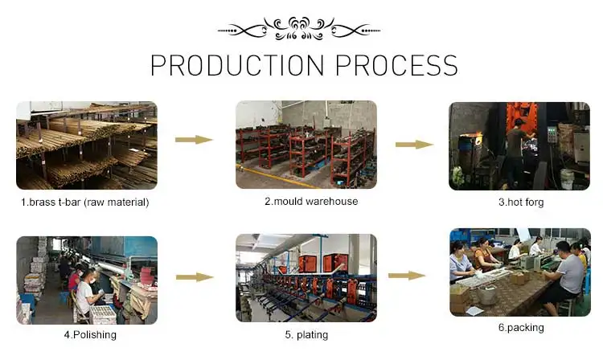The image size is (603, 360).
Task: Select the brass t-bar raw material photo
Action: (86, 145)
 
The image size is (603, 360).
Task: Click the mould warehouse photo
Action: (306, 145)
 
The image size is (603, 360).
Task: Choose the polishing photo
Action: (86, 280)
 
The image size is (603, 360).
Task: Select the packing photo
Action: (519, 272)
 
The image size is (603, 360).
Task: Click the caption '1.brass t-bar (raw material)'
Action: (84, 202)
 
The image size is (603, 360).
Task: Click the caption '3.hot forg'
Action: (521, 202)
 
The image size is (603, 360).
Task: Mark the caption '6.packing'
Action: (520, 327)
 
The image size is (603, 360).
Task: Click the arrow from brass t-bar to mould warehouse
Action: (194, 140)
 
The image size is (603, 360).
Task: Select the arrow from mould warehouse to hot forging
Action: (414, 145)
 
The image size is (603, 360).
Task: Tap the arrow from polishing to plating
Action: (194, 277)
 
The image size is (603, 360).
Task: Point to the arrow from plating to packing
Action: (407, 276)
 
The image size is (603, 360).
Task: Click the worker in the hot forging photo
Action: (515, 149)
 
